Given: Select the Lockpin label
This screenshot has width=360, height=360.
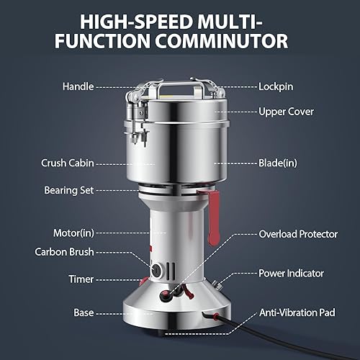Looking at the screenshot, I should point(275,85).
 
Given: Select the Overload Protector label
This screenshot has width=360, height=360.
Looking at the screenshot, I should point(298,234).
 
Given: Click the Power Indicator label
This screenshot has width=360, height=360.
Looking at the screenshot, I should point(292,274).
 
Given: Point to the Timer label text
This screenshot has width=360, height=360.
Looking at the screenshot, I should point(81,279).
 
